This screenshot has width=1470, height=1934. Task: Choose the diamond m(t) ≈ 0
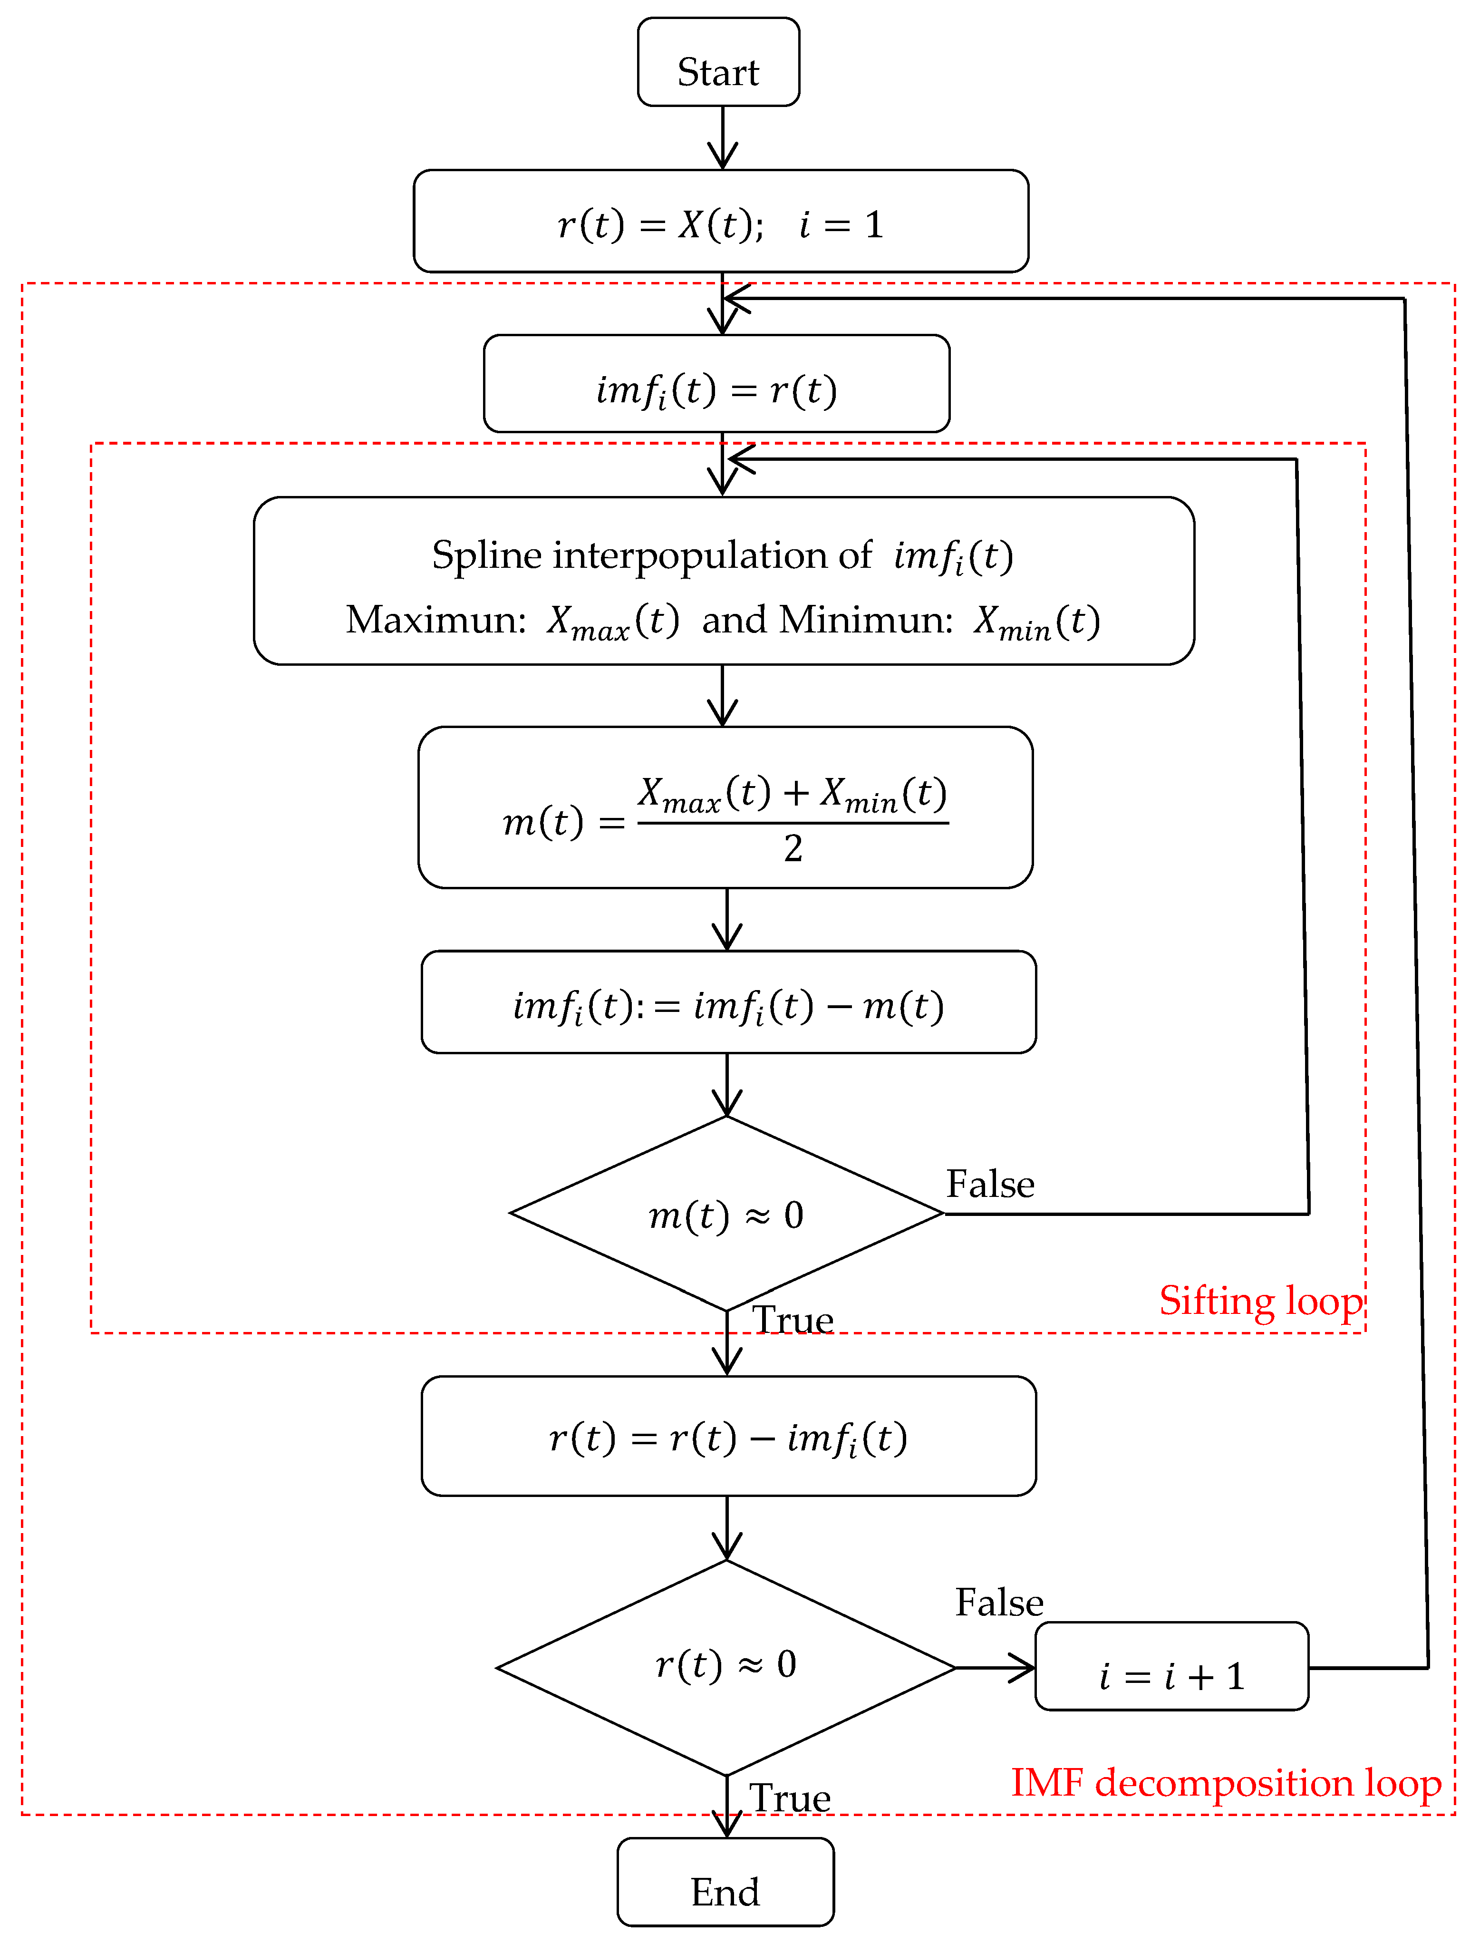(726, 1215)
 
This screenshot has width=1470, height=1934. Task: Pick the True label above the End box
(790, 1798)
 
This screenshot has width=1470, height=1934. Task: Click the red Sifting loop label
(1260, 1301)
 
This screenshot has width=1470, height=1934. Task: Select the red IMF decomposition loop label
(1225, 1783)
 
